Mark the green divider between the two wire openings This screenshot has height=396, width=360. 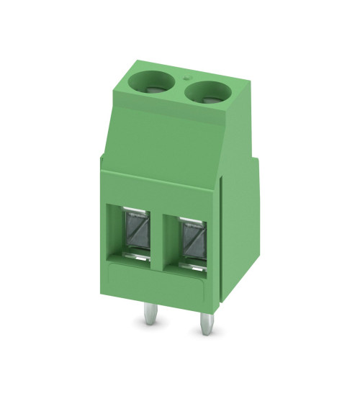[x=164, y=238]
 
